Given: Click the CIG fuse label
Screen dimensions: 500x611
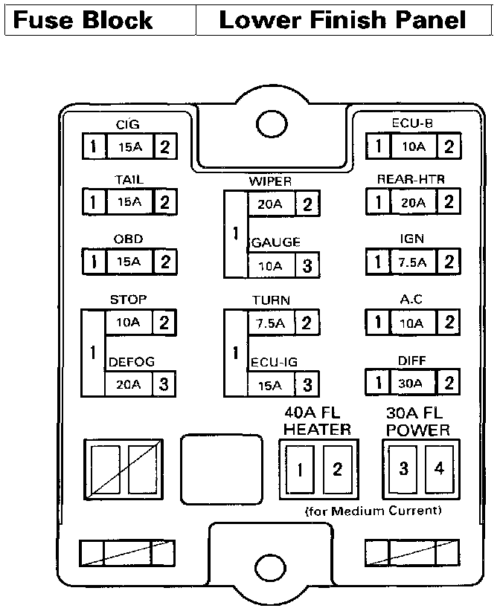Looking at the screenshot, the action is tap(127, 125).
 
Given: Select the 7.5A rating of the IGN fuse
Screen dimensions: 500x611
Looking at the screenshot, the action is tap(412, 262).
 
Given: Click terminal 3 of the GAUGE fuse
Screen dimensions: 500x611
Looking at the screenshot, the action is tap(307, 265).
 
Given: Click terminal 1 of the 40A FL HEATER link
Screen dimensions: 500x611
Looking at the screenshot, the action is tap(301, 469).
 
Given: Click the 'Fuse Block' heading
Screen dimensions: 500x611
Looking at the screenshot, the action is tap(83, 20).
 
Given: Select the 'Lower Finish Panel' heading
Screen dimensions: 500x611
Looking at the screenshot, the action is tap(343, 20).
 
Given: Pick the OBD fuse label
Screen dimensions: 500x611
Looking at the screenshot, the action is tap(128, 239).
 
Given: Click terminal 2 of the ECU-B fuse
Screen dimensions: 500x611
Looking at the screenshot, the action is tap(449, 146).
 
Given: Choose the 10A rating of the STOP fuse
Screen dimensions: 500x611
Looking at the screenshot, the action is tap(128, 323).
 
